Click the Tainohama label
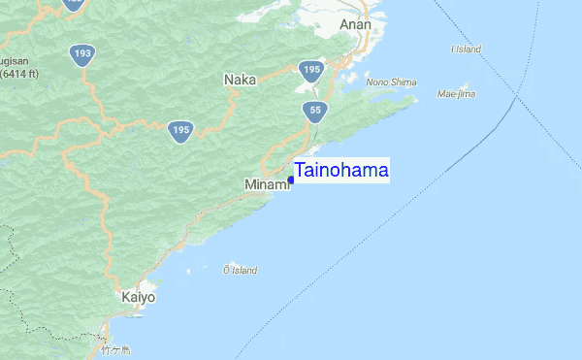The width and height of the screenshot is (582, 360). [340, 171]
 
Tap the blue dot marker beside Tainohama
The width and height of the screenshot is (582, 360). [291, 180]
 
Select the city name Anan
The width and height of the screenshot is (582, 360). [355, 25]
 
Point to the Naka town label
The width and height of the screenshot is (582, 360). [240, 80]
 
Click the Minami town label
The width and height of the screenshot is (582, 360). [266, 183]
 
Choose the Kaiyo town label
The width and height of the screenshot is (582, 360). [138, 297]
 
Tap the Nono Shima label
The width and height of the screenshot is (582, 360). [391, 82]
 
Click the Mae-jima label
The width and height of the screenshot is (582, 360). [456, 95]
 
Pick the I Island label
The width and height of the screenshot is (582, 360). [467, 49]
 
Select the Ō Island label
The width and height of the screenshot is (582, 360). [240, 270]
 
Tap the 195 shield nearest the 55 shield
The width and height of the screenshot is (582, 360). [310, 70]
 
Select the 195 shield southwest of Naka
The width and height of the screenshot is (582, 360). [178, 130]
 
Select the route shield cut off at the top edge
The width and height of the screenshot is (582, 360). [74, 3]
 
